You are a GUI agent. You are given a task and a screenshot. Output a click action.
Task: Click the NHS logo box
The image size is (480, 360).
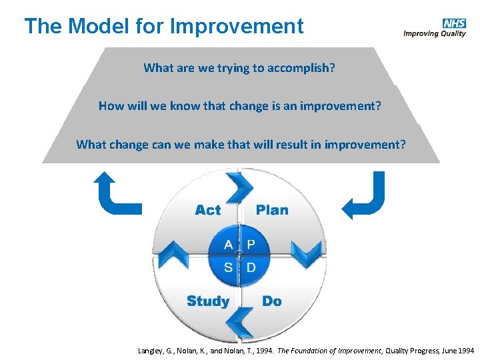[453, 23]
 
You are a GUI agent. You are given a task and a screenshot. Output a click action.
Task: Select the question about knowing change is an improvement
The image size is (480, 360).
[239, 106]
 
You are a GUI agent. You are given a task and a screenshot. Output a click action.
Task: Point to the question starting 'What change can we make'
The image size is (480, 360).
[240, 144]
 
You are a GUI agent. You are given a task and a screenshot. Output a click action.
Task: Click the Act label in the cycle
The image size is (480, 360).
[207, 210]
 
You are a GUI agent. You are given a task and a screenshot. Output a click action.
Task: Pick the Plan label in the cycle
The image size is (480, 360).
[272, 210]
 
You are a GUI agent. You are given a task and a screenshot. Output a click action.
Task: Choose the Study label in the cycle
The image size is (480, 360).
[207, 301]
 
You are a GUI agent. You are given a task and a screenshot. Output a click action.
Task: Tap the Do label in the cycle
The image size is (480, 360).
[272, 301]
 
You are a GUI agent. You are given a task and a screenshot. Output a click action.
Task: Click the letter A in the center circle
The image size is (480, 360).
[228, 245]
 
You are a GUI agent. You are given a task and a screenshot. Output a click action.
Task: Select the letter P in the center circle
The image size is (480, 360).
[251, 245]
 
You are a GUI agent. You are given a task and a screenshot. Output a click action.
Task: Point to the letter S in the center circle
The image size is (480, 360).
[228, 267]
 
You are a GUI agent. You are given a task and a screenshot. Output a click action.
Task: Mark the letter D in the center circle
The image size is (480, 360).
[251, 267]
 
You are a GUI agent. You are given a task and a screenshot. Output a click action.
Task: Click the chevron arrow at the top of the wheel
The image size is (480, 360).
[237, 186]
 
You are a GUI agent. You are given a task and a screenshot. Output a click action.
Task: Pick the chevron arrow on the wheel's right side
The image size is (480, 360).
[309, 254]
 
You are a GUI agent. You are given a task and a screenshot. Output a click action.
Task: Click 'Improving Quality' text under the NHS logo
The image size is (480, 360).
[435, 35]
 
